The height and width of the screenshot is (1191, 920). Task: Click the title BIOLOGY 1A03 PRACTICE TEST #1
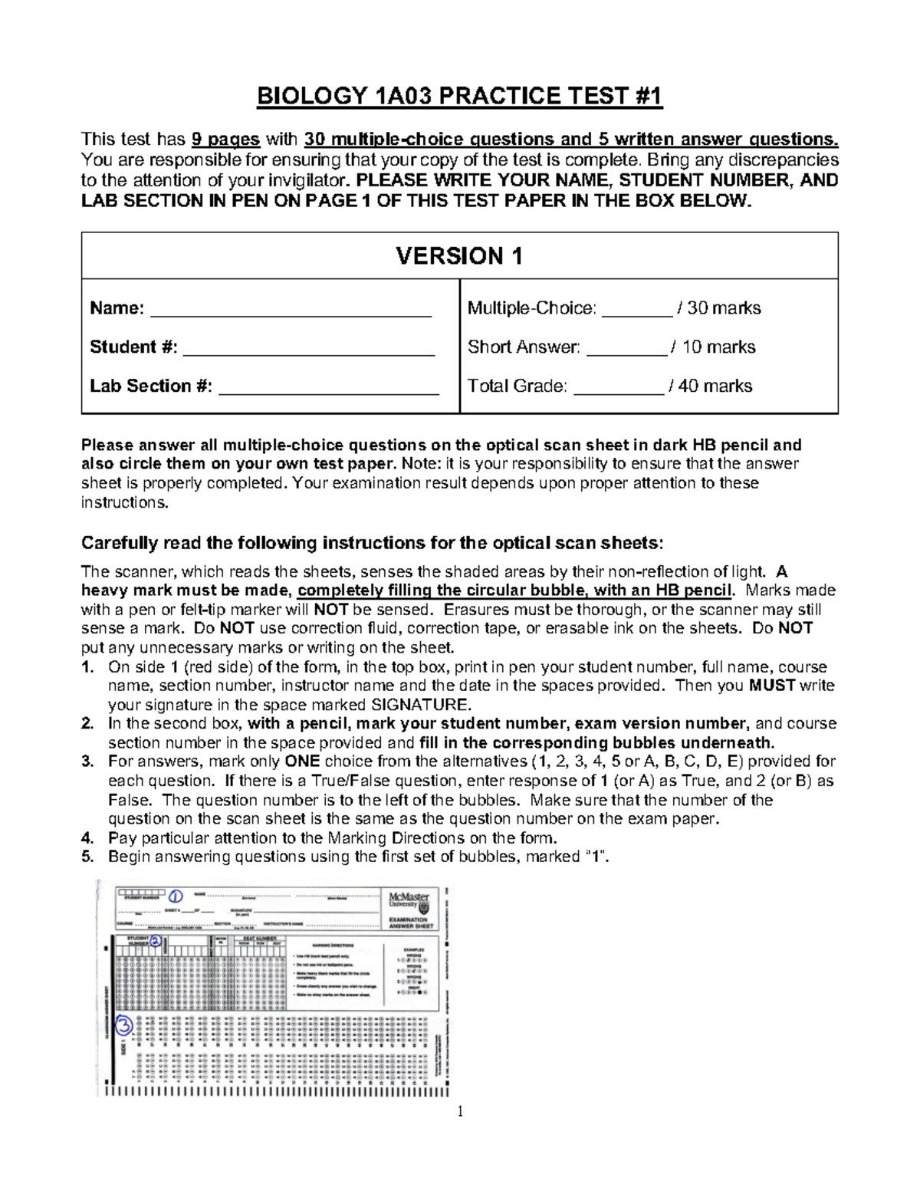tap(459, 97)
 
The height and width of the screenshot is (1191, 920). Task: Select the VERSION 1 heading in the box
tap(459, 256)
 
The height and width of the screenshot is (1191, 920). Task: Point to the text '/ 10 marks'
tap(712, 347)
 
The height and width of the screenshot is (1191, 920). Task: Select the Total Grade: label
tap(517, 386)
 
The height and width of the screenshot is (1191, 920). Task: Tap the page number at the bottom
tap(460, 1112)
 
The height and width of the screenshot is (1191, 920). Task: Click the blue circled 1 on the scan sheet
tap(176, 896)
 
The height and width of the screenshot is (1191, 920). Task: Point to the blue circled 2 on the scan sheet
tap(156, 940)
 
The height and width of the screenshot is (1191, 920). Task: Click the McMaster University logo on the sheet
tap(409, 900)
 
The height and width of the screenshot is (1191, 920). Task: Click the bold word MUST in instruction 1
tap(772, 686)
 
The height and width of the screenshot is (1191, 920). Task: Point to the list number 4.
tap(87, 837)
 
